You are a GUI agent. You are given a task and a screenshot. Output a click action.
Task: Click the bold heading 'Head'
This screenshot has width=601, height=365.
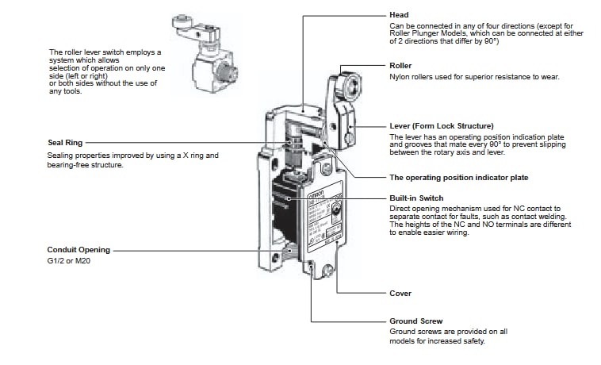coord(399,15)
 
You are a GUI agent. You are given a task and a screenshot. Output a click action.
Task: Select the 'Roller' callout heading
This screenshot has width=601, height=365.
coord(401,65)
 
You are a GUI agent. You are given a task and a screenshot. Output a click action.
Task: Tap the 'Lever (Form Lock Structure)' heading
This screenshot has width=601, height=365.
coord(442,125)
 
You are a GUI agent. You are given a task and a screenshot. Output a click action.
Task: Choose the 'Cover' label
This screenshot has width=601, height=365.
coord(400,294)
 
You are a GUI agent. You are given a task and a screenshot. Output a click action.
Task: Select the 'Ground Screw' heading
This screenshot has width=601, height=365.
coord(415,321)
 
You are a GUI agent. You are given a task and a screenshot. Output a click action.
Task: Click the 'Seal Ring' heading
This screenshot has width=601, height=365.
coord(66,143)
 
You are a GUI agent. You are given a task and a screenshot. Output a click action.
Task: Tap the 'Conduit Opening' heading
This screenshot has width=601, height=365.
coord(79,249)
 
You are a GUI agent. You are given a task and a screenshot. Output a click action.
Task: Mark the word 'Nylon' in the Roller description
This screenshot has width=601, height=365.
coord(400,77)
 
